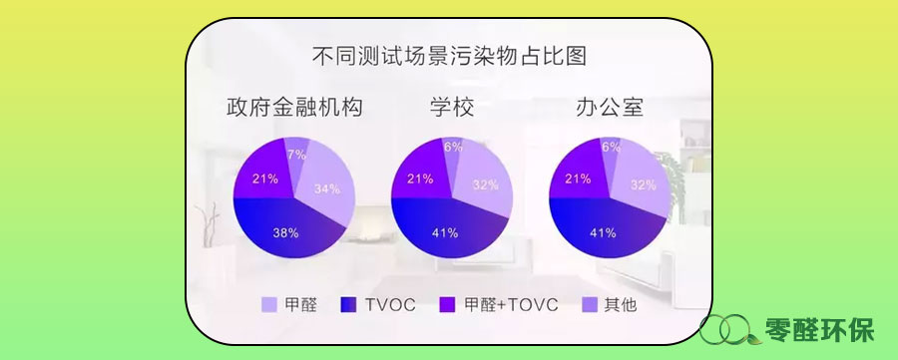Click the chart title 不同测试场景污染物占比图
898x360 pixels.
450,56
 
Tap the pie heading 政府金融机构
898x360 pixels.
294,107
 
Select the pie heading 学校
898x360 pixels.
452,107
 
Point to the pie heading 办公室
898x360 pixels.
610,107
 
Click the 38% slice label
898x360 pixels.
285,233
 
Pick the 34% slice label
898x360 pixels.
327,188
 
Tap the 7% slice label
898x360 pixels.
297,155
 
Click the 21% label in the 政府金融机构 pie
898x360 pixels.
265,179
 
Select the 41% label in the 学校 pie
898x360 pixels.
445,233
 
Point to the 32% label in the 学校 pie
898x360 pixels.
485,184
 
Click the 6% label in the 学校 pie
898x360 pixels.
453,147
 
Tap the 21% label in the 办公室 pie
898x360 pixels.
578,179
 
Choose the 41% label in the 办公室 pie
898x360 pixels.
603,233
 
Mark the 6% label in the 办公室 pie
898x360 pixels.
611,147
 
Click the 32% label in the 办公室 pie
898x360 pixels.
644,184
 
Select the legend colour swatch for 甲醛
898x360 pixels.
269,305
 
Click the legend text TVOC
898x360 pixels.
390,305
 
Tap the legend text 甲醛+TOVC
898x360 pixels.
510,305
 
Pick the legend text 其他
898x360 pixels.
620,305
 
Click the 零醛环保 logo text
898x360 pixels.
819,330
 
